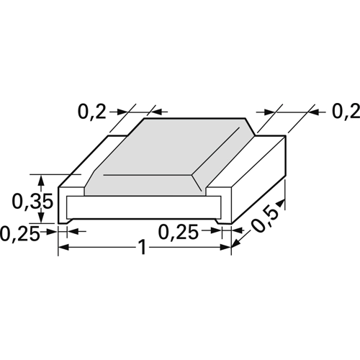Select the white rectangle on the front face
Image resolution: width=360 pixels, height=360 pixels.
pyautogui.click(x=144, y=208)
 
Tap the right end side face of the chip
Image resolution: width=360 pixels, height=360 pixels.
pyautogui.click(x=259, y=180)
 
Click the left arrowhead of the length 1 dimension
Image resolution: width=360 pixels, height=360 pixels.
pyautogui.click(x=63, y=248)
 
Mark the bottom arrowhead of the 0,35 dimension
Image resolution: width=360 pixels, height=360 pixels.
pyautogui.click(x=48, y=218)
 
